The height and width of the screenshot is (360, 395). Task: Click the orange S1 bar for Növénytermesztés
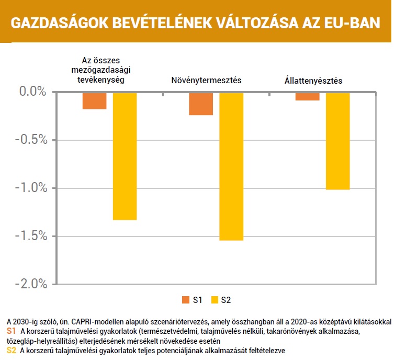point(201,104)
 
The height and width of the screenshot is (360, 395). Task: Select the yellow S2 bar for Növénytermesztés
point(231,166)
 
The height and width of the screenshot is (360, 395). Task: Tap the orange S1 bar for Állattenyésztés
point(307,96)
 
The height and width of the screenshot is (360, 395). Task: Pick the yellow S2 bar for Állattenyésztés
point(337,141)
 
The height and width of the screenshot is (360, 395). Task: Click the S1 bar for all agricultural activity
point(94,101)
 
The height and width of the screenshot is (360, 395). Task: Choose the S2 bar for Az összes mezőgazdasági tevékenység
point(125,156)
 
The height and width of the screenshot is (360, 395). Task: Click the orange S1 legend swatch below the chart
point(185,300)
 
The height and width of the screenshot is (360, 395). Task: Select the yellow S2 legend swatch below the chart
point(215,300)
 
